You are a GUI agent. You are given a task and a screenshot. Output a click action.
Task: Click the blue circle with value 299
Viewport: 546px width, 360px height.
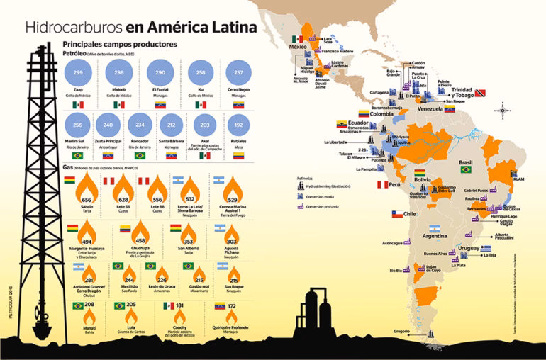click(x=79, y=73)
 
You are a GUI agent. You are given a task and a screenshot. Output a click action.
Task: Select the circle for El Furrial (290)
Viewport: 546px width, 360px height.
click(x=161, y=73)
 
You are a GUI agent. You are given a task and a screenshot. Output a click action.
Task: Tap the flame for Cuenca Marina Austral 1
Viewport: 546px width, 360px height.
click(x=230, y=189)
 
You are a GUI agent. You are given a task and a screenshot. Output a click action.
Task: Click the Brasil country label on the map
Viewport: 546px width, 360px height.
click(x=466, y=162)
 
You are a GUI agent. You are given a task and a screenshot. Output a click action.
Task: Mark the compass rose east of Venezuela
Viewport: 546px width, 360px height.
click(x=503, y=111)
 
